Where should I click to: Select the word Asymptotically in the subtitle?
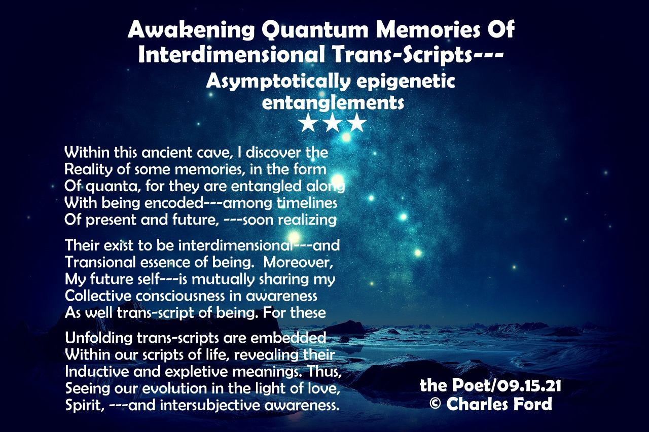click(x=278, y=82)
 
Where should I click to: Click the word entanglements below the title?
click(x=333, y=102)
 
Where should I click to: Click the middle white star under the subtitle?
click(x=333, y=123)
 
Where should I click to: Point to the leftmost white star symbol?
click(x=309, y=123)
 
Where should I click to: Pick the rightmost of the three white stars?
click(x=357, y=123)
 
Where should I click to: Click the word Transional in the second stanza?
click(x=100, y=262)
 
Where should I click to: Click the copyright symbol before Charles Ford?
click(x=435, y=404)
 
